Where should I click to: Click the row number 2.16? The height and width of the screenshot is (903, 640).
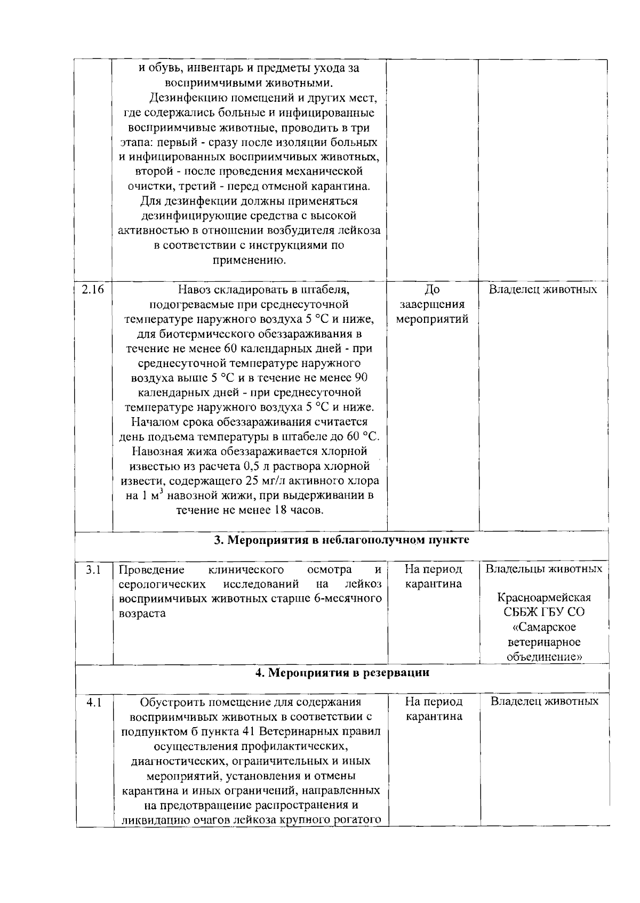[92, 290]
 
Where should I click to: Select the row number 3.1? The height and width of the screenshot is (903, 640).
[93, 570]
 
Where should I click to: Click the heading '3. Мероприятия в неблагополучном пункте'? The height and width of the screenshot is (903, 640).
[341, 540]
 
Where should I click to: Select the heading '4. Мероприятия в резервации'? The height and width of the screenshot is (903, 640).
[342, 672]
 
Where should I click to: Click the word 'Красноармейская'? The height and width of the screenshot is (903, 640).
[543, 597]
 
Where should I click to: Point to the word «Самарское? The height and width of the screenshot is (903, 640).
[543, 627]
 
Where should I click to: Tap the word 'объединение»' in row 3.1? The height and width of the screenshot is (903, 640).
[543, 656]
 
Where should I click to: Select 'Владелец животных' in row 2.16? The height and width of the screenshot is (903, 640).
[543, 290]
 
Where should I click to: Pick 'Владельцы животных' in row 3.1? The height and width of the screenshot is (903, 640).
[543, 568]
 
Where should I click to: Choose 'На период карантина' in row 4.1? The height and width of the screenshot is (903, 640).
[434, 709]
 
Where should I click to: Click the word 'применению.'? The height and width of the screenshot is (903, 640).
[249, 261]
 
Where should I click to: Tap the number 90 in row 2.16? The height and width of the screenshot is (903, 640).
[361, 378]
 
